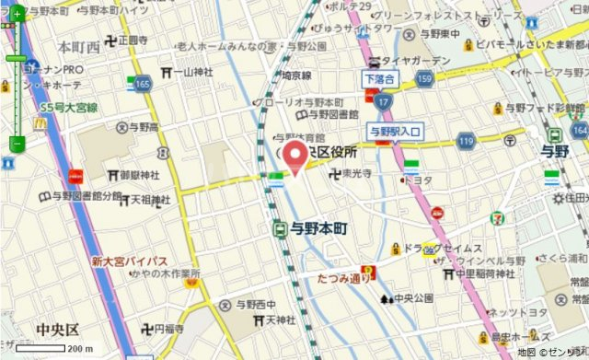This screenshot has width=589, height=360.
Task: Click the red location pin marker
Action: [294, 157]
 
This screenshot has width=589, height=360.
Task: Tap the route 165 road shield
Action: [141, 85]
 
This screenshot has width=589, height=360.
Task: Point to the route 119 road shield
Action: [467, 141]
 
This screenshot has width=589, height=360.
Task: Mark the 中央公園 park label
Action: [413, 298]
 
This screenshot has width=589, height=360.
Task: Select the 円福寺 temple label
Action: [168, 329]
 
